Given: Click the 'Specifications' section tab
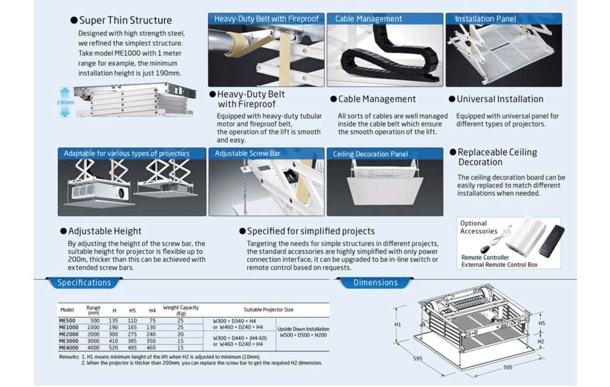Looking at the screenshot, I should coord(84,283).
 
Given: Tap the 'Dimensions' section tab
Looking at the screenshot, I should coord(375,283).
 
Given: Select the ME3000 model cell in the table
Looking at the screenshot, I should coord(69,341).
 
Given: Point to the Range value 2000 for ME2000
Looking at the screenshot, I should coord(94,334).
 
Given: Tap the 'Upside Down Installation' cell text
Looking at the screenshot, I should coord(303,328).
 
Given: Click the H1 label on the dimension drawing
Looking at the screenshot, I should coord(397,325).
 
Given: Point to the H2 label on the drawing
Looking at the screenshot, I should coord(541,341).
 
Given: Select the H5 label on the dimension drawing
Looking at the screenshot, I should coord(541,323).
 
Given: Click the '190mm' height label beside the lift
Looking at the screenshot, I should coord(65,102).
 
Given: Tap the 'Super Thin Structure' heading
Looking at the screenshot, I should coord(125,20).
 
